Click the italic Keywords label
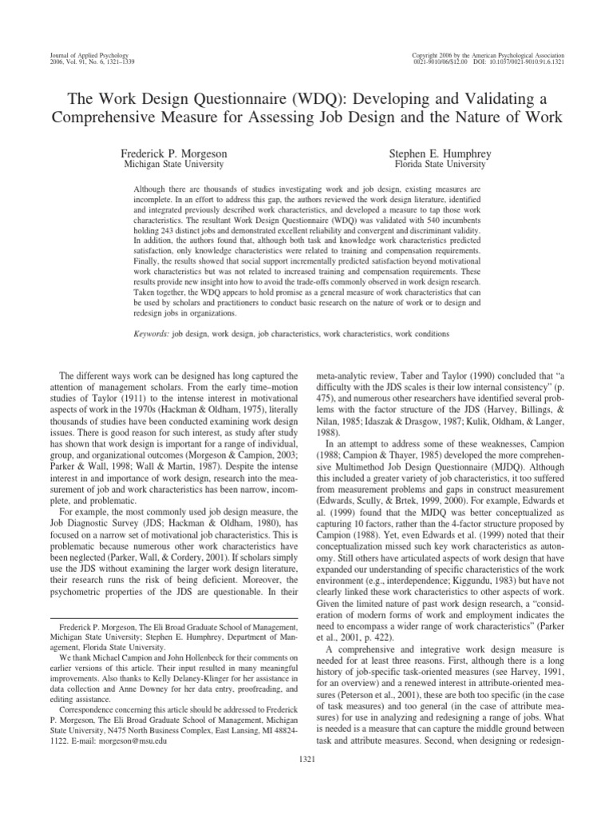point(149,332)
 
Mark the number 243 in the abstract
point(166,237)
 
